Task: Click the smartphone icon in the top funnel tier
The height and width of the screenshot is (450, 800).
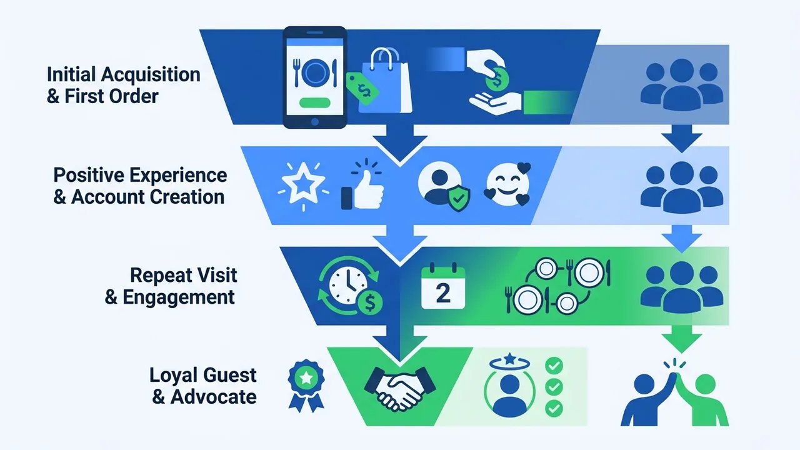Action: pyautogui.click(x=314, y=77)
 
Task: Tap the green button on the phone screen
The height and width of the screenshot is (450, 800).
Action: pyautogui.click(x=314, y=102)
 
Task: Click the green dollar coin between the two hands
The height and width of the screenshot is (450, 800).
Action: pyautogui.click(x=497, y=79)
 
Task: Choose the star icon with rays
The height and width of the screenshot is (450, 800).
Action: pyautogui.click(x=304, y=186)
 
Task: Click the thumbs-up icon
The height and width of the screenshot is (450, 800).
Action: pyautogui.click(x=363, y=186)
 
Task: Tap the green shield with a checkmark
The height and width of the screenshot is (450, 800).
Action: pyautogui.click(x=459, y=198)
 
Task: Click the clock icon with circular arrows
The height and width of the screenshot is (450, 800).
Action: pyautogui.click(x=350, y=286)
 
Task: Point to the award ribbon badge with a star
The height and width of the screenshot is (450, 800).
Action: pyautogui.click(x=306, y=386)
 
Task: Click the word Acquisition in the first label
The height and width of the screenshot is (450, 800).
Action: pyautogui.click(x=151, y=74)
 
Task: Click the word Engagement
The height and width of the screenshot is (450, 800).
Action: pyautogui.click(x=179, y=297)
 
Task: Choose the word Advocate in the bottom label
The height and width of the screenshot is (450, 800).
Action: pyautogui.click(x=214, y=397)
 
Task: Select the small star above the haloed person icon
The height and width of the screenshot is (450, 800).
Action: pyautogui.click(x=511, y=359)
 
